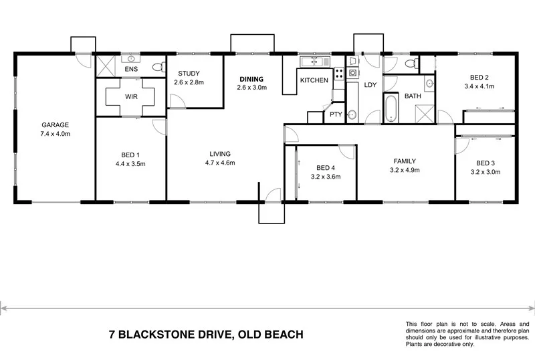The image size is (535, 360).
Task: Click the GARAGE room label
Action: coord(56,125)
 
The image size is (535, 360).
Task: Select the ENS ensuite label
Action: coord(130,69)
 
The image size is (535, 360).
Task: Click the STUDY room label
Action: coord(188,74)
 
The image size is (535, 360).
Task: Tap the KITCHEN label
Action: coord(314,80)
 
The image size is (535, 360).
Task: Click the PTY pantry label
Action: coord(336,114)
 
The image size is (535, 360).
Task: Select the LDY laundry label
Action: coord(370,84)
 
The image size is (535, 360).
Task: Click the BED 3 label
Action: coord(486,163)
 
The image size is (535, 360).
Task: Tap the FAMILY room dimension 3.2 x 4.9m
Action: coord(405,170)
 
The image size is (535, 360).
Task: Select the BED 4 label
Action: coord(326,168)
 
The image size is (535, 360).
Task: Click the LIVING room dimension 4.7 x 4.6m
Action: coord(219,163)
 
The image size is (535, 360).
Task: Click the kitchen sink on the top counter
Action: coord(311,62)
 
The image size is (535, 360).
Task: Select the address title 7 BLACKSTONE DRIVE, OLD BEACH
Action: coord(207,334)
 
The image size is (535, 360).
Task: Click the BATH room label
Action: coord(413,96)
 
